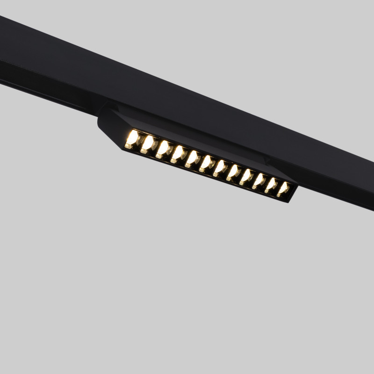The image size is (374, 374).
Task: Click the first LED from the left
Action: coord(133,139)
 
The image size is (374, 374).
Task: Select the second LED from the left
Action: coord(148,144)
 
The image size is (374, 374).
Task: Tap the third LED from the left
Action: coord(163,149)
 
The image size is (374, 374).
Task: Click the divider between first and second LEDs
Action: coord(140,142)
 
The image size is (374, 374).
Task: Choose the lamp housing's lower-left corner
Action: coord(124,149)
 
